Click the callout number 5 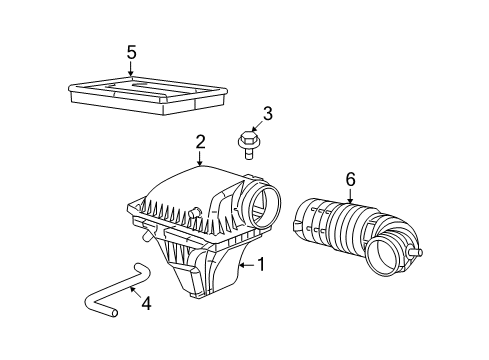(131, 52)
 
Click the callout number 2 (200, 142)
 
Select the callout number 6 (350, 179)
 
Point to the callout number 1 (262, 265)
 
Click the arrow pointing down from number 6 (350, 195)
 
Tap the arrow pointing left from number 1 (248, 265)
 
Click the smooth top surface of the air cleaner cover (195, 185)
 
